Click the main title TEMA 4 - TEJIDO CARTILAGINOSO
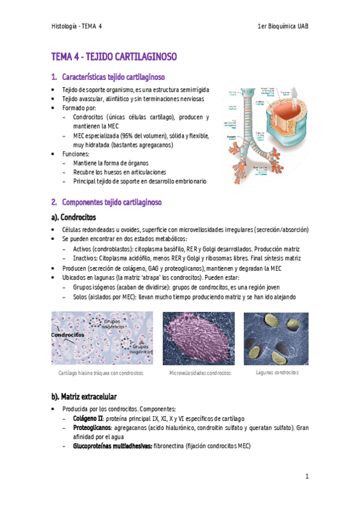tap(114, 58)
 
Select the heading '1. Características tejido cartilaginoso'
tap(108, 77)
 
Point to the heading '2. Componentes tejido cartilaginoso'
tap(106, 202)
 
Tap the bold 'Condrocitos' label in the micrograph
tap(67, 335)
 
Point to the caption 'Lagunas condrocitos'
tap(277, 372)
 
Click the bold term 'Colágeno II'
tap(88, 418)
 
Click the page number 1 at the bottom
tap(307, 476)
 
